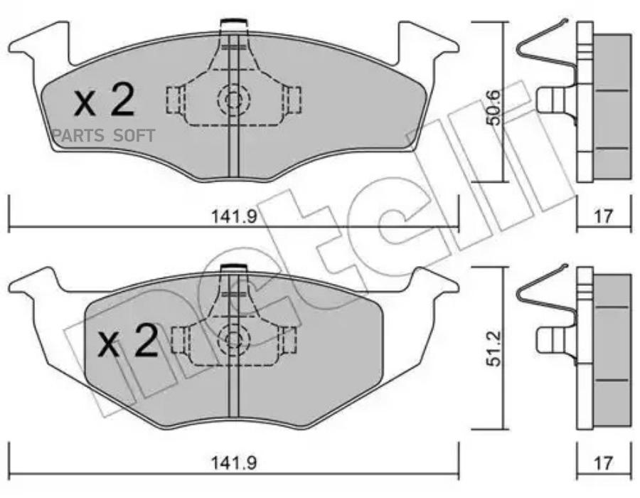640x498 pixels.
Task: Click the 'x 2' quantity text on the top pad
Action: pos(105,101)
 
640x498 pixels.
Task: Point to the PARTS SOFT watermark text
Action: pos(103,135)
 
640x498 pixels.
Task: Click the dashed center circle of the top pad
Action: pos(233,99)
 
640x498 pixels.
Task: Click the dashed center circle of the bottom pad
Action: pos(233,340)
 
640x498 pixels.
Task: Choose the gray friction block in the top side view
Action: pos(611,107)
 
